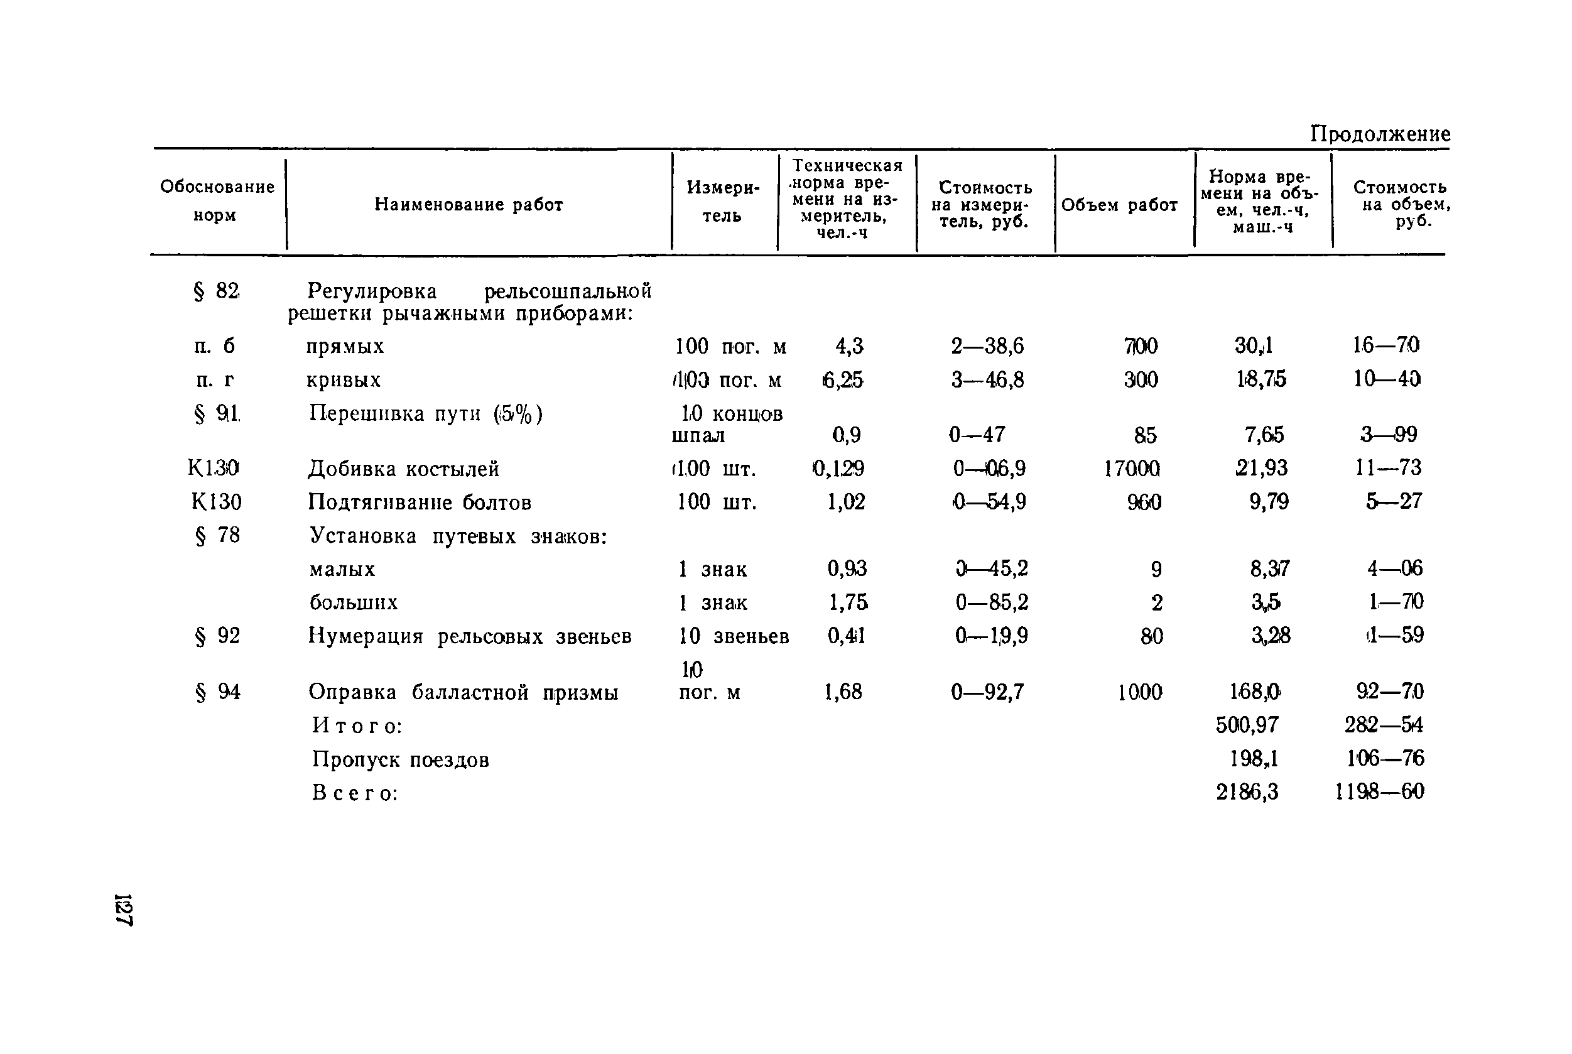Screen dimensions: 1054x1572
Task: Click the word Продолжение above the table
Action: coord(1380,134)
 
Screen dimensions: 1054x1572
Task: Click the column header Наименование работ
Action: coord(469,204)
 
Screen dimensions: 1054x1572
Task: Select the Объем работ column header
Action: coord(1119,205)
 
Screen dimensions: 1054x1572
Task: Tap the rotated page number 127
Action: coord(124,910)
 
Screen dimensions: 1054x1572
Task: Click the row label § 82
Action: coord(217,291)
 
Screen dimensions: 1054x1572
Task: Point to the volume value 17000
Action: coord(1132,469)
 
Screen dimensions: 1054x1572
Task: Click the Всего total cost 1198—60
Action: coord(1379,792)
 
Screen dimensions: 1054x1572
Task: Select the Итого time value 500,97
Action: coord(1247,725)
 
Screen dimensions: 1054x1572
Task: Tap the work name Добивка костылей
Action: coord(403,469)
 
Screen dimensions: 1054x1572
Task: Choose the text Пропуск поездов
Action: coord(401,759)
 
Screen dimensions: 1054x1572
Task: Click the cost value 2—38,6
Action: coord(987,346)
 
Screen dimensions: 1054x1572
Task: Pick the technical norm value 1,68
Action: coord(843,692)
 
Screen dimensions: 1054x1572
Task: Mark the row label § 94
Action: coord(218,692)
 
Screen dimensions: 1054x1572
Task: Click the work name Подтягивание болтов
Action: coord(420,502)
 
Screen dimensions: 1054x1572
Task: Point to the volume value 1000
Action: coord(1140,692)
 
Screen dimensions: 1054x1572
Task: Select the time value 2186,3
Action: coord(1247,793)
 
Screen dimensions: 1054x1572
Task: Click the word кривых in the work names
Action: coord(344,380)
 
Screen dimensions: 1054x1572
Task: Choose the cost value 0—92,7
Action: coord(987,692)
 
